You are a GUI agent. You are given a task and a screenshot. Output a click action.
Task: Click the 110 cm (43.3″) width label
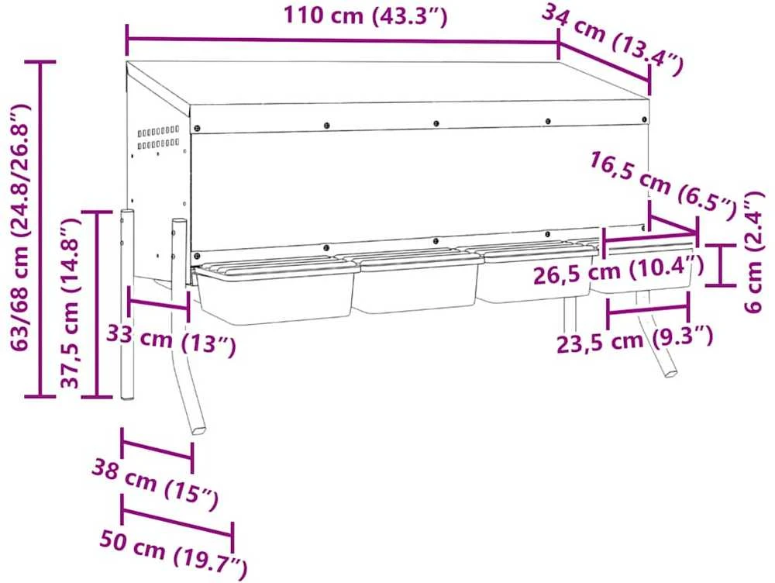tap(365, 16)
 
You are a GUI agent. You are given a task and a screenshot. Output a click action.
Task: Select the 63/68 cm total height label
tap(20, 227)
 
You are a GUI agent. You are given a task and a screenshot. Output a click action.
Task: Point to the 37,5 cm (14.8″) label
tap(70, 303)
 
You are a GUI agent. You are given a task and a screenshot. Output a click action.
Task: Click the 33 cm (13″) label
tap(171, 340)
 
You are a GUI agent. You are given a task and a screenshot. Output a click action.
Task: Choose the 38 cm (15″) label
tap(155, 485)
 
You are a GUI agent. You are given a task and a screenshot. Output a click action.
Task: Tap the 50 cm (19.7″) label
tap(173, 554)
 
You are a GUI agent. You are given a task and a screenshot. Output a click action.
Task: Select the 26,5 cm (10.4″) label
tap(618, 270)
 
